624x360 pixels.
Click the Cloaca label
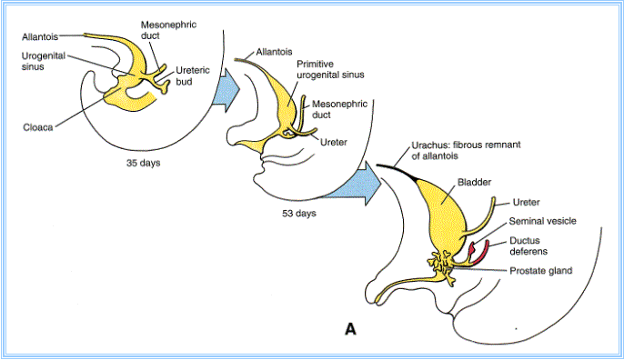(x=38, y=127)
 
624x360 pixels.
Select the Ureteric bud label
(x=193, y=76)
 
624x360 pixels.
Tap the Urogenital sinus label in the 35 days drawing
(x=44, y=61)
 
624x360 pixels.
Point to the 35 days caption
(x=144, y=163)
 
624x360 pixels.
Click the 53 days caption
(x=299, y=214)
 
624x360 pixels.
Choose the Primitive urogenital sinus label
(x=330, y=69)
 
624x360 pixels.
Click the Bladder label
(x=474, y=182)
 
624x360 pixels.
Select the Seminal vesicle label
(x=542, y=221)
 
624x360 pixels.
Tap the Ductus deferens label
(x=528, y=245)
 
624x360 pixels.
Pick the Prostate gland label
(x=541, y=271)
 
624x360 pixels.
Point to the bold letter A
(x=350, y=329)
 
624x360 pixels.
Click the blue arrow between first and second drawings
(x=226, y=90)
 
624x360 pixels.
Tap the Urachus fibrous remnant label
(x=466, y=150)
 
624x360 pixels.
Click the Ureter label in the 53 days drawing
(x=334, y=142)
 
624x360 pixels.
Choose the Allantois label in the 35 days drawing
(x=40, y=37)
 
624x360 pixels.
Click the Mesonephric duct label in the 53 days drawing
(x=339, y=109)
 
